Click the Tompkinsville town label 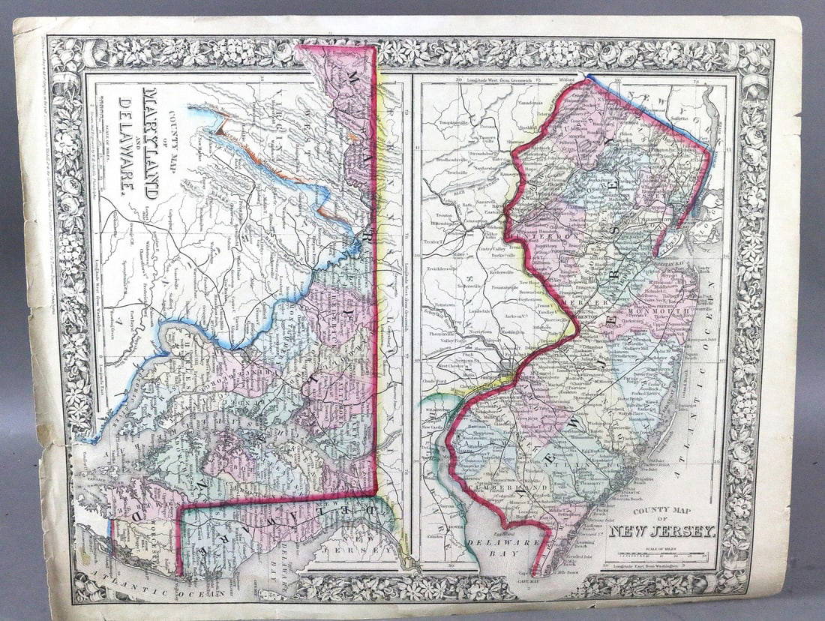click(x=454, y=119)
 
